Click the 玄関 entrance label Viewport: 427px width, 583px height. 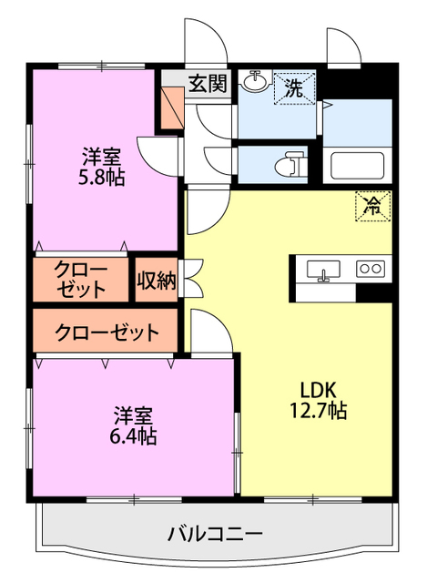[208, 85]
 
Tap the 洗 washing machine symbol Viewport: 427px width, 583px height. [294, 87]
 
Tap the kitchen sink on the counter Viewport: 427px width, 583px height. [323, 270]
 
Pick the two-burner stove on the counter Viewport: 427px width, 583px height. [370, 269]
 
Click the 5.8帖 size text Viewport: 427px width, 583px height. [102, 178]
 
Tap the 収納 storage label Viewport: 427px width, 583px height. [157, 281]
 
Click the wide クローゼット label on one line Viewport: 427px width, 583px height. [107, 332]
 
